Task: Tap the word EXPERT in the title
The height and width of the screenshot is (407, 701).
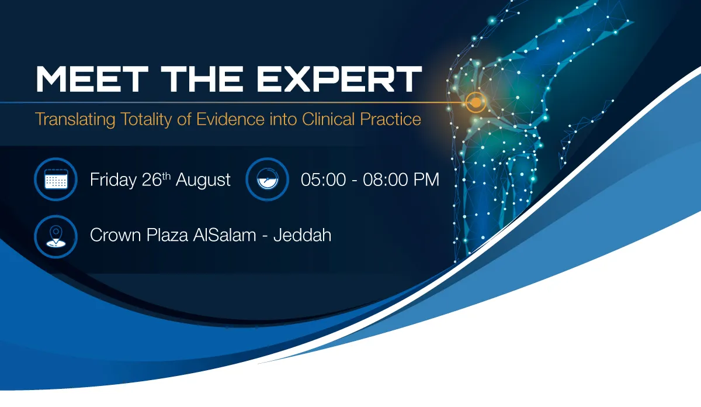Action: click(339, 79)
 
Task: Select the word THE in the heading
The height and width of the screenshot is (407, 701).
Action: click(202, 79)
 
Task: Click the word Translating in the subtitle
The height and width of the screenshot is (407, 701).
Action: click(75, 120)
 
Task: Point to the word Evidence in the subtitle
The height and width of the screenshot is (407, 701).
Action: click(230, 119)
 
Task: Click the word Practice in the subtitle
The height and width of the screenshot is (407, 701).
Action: click(391, 119)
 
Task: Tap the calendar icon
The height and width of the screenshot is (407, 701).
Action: click(56, 179)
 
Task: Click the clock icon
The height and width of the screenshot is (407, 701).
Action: click(268, 179)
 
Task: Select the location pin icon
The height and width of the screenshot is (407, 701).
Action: click(56, 237)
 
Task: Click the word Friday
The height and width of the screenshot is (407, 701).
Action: click(113, 180)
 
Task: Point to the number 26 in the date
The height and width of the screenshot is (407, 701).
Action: click(151, 180)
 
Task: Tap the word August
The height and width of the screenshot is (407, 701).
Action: click(203, 181)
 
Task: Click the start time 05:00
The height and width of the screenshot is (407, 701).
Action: click(323, 180)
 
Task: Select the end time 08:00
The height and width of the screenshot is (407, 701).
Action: click(385, 180)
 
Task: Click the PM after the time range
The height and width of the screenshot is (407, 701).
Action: click(426, 180)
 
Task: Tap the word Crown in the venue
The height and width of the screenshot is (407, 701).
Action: click(116, 235)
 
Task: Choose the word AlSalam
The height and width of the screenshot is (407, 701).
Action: click(224, 234)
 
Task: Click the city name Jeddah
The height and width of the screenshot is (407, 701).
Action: click(303, 234)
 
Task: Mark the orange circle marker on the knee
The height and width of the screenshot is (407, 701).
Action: click(476, 102)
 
